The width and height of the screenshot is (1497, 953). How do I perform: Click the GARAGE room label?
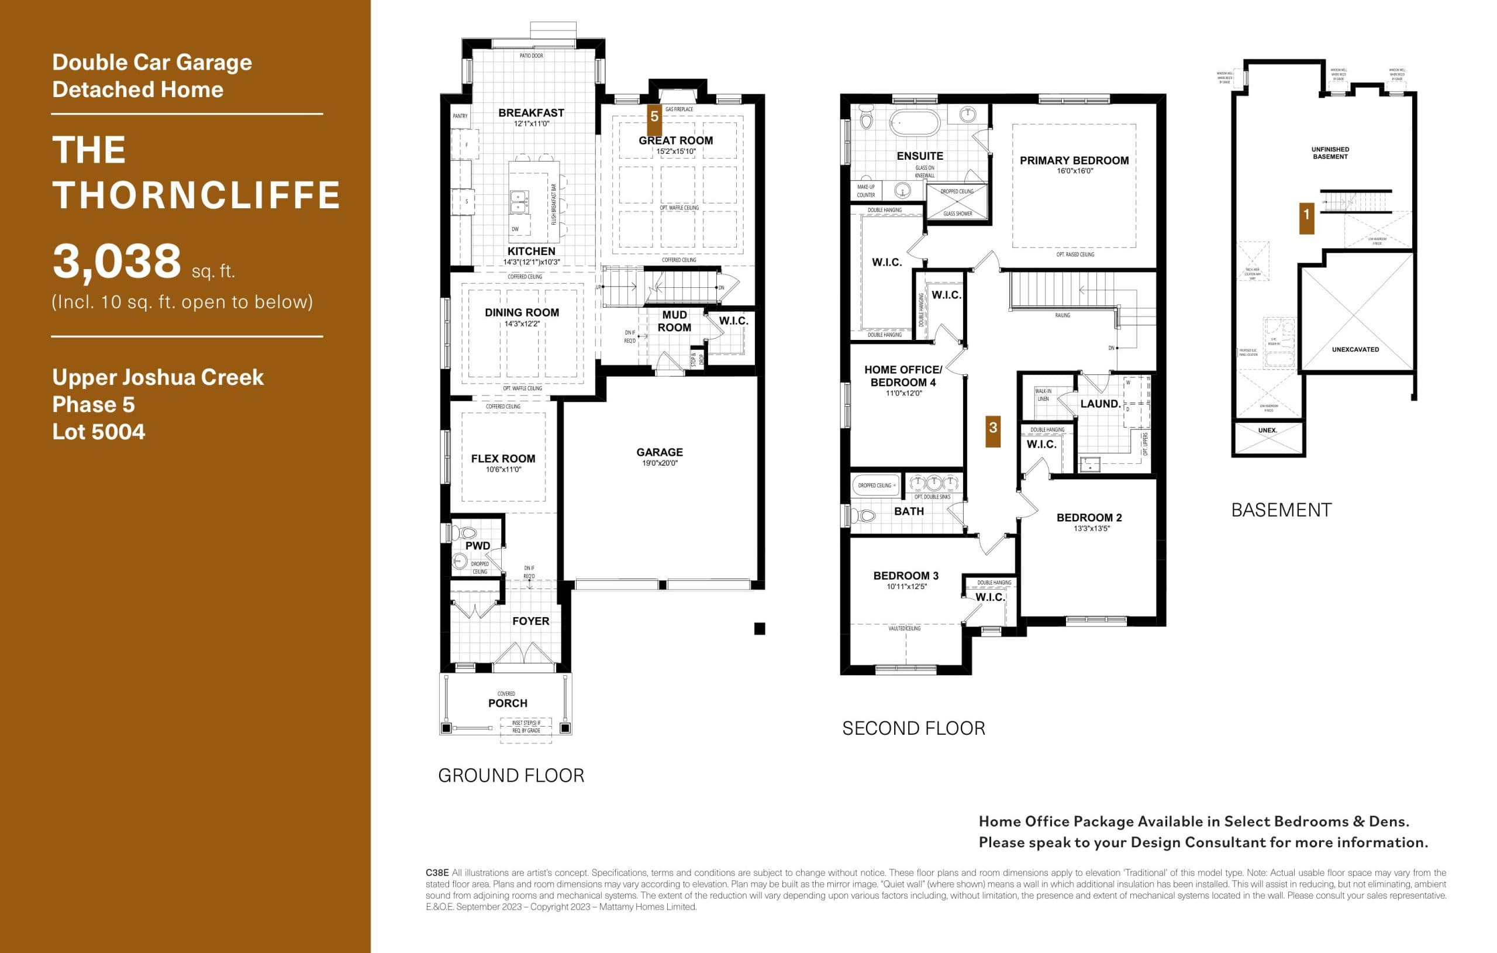[x=659, y=452]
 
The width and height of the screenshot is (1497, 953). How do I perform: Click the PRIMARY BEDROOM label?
[x=1074, y=160]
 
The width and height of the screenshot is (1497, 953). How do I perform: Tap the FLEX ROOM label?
[x=503, y=459]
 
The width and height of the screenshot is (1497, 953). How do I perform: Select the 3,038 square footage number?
[x=117, y=262]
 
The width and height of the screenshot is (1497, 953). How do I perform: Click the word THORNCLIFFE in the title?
[x=196, y=195]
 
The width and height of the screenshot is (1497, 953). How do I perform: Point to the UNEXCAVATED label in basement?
[x=1355, y=350]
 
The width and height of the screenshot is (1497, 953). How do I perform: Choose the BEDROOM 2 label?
[x=1089, y=518]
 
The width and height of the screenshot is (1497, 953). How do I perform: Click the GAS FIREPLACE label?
[x=679, y=109]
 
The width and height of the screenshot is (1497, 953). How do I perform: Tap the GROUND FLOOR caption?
[x=511, y=776]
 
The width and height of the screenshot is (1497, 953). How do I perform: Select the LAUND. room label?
[x=1100, y=404]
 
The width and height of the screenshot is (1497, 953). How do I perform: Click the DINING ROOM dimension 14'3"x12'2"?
[x=522, y=324]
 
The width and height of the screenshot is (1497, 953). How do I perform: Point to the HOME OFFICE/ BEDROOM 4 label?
[x=903, y=376]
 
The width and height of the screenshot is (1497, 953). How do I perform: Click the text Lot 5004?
[x=99, y=432]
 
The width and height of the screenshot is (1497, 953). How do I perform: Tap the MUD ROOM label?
[x=674, y=321]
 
